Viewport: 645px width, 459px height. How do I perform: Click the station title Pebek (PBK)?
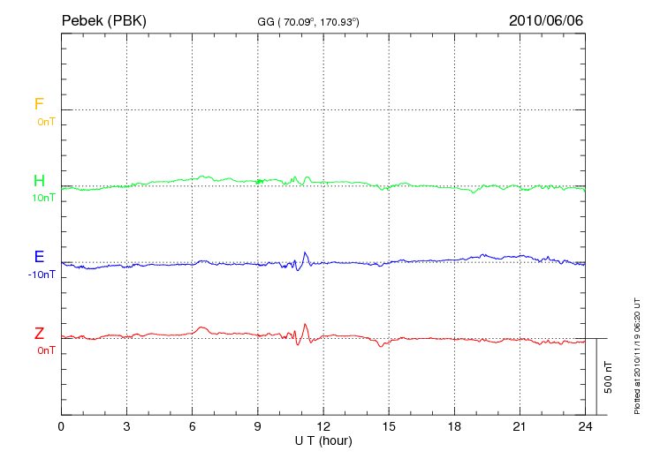(103, 19)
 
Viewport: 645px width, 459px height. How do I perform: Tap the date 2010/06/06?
(546, 19)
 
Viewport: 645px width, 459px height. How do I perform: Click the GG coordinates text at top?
(307, 20)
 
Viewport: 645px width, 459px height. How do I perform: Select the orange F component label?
(39, 104)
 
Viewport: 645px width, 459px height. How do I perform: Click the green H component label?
(39, 181)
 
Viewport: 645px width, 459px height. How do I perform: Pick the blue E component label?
(39, 258)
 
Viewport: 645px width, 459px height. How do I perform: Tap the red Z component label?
(39, 334)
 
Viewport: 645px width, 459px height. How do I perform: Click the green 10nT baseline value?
(45, 198)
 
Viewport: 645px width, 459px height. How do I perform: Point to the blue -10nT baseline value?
(43, 275)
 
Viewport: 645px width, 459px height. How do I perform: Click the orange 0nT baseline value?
(45, 121)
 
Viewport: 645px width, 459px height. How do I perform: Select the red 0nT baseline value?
(45, 350)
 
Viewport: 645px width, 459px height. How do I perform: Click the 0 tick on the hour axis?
(61, 426)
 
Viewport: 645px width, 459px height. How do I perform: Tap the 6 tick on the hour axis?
(193, 426)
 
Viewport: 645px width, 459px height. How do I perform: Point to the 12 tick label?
(323, 426)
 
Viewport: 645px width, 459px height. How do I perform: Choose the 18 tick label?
(454, 426)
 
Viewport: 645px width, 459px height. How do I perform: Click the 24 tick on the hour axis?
(585, 426)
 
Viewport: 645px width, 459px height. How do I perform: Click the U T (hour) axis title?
(323, 440)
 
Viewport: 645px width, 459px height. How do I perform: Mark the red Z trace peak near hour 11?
(305, 324)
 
